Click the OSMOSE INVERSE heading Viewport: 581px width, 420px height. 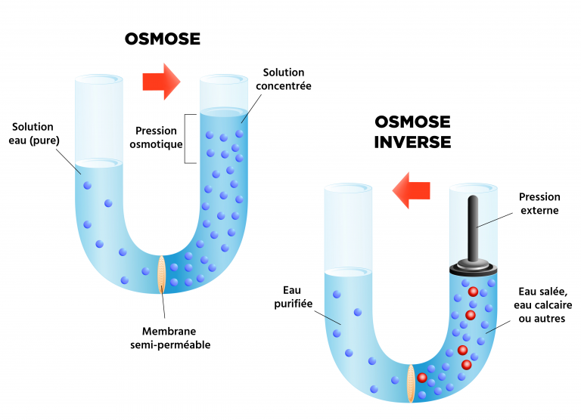coord(412,131)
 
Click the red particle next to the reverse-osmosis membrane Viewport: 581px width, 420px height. coord(422,378)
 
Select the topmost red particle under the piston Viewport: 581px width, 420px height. coord(473,292)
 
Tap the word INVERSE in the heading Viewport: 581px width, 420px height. coord(412,141)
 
